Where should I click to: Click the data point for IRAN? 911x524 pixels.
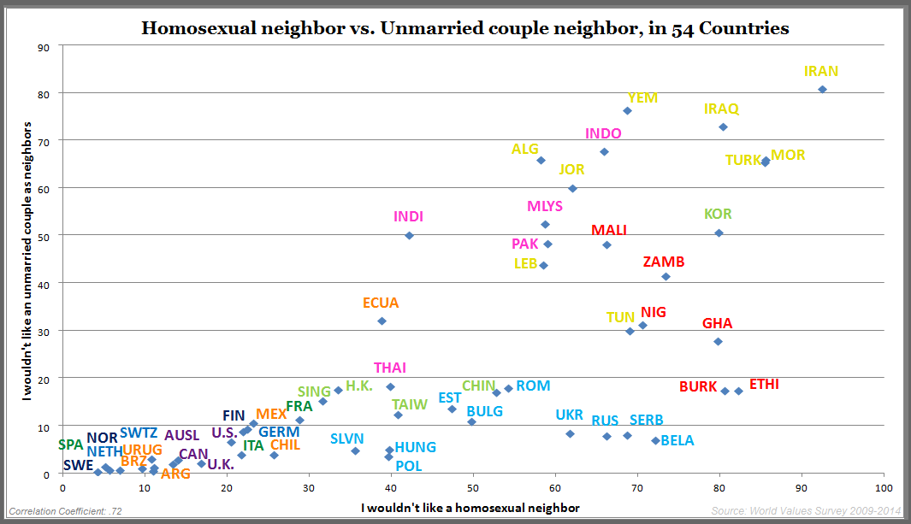pyautogui.click(x=822, y=89)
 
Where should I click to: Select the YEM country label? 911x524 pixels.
pyautogui.click(x=642, y=97)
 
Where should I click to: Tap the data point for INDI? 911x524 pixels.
pyautogui.click(x=409, y=235)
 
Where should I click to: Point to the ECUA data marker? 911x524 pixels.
pyautogui.click(x=382, y=321)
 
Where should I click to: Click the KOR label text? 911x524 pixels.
pyautogui.click(x=718, y=214)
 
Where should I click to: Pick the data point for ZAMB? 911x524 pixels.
pyautogui.click(x=666, y=276)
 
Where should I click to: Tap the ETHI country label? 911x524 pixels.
pyautogui.click(x=764, y=384)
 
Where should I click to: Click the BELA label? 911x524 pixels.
pyautogui.click(x=677, y=440)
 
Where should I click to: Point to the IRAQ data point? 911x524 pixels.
pyautogui.click(x=723, y=127)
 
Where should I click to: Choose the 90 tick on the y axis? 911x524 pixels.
pyautogui.click(x=44, y=46)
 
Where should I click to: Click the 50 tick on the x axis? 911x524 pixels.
pyautogui.click(x=473, y=487)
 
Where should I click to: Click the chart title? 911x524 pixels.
pyautogui.click(x=464, y=28)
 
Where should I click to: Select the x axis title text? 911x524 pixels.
pyautogui.click(x=470, y=508)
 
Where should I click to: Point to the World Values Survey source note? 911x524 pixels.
pyautogui.click(x=807, y=511)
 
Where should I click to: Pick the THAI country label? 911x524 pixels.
pyautogui.click(x=390, y=368)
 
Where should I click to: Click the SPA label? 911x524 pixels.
pyautogui.click(x=71, y=445)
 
